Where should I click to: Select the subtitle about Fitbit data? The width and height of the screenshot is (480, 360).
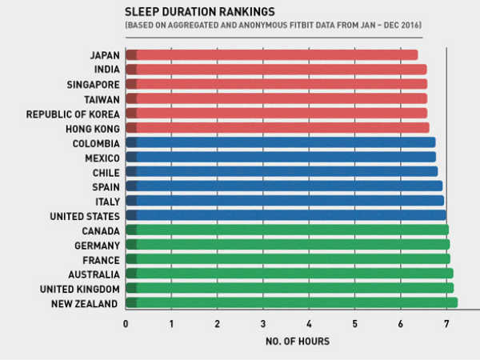coord(273,26)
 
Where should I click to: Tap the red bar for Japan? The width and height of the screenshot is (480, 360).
coord(272,55)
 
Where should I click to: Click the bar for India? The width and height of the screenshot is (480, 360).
coord(276,70)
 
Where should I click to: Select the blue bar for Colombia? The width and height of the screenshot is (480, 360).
coord(281,142)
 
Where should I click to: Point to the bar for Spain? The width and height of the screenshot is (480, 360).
coord(284,186)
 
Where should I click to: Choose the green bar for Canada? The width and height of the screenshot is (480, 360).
coord(287,230)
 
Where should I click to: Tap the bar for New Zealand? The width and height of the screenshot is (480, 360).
coord(292,303)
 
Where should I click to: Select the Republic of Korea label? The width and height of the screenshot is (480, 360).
coord(73,114)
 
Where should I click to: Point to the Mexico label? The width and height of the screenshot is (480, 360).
coord(102,158)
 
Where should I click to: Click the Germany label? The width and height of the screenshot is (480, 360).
coord(97,246)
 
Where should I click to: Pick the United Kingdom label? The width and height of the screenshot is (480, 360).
coord(85,289)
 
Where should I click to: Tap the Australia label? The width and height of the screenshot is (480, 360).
coord(94,274)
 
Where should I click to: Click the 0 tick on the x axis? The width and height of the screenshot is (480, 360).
coord(126,324)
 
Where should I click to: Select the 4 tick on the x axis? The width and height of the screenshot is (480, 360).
coord(309,324)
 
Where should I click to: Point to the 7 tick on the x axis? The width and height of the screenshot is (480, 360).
coord(446,324)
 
